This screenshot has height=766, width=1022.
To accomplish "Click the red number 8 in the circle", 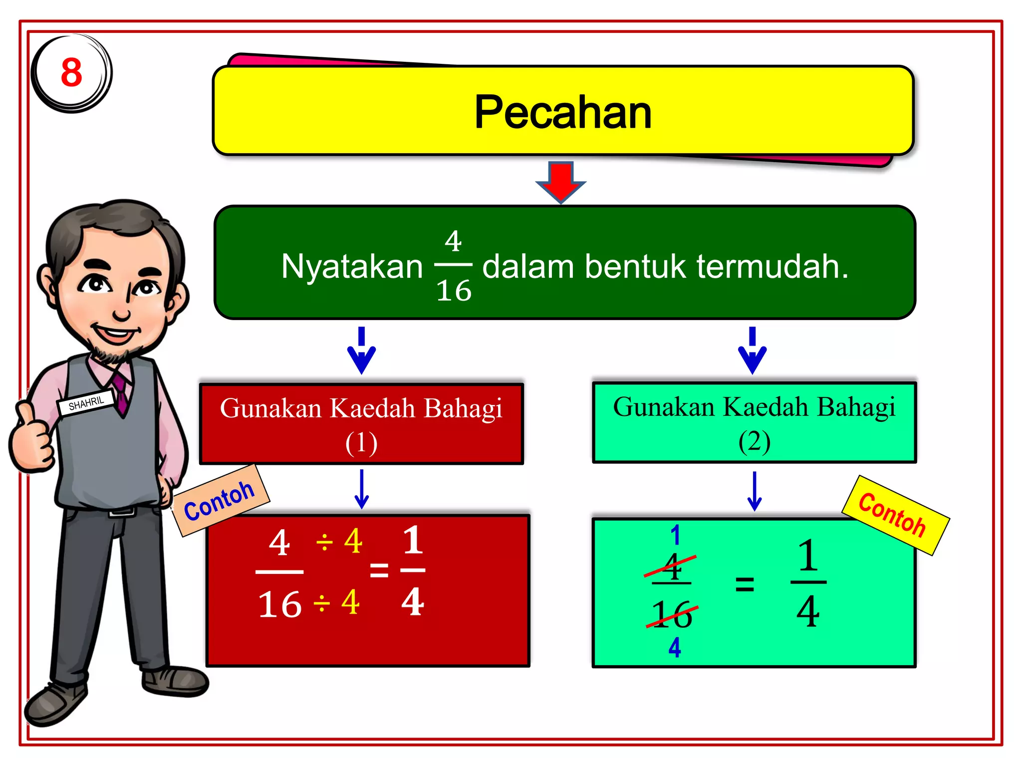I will click(x=71, y=72).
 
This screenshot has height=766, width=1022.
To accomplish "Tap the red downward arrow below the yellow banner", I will click(x=561, y=181).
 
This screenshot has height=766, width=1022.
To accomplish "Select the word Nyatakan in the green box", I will click(x=352, y=266).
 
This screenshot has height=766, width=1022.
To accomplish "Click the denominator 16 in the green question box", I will click(x=454, y=291).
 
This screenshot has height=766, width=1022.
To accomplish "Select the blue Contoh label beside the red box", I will click(x=220, y=500).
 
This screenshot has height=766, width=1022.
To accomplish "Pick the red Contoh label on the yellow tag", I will click(x=893, y=515).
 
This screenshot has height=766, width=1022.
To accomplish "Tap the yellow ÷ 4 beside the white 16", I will click(x=336, y=602).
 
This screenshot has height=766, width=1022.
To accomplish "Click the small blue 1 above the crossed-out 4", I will click(x=675, y=535).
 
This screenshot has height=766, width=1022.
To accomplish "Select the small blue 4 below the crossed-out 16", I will click(x=675, y=647).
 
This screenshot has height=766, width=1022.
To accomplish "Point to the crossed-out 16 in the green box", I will click(x=672, y=614).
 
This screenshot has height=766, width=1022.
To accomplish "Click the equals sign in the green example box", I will click(x=745, y=583).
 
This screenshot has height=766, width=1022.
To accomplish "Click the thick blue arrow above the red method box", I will click(x=361, y=350).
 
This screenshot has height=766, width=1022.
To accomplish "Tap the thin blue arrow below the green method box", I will click(x=755, y=491).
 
